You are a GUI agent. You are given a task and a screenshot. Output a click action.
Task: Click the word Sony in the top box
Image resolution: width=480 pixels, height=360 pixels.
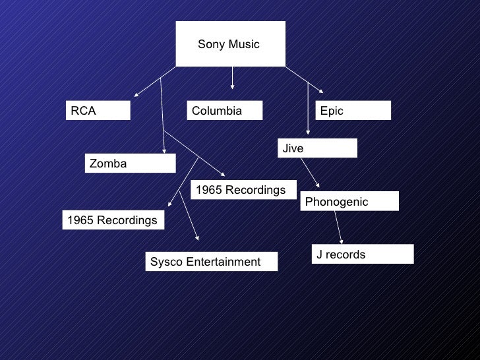click(x=210, y=45)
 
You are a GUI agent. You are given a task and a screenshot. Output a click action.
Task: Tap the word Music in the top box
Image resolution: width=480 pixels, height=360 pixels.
click(x=243, y=45)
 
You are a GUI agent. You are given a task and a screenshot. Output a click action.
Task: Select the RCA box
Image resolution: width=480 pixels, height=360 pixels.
click(x=98, y=111)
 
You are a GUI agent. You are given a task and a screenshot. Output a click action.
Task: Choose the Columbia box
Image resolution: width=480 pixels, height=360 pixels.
click(x=225, y=111)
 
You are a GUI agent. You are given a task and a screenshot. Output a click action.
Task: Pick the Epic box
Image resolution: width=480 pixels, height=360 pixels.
click(x=353, y=111)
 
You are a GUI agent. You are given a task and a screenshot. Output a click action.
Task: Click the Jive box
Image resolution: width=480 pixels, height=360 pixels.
click(x=317, y=148)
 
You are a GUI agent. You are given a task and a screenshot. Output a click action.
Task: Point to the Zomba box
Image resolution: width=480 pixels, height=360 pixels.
click(x=130, y=164)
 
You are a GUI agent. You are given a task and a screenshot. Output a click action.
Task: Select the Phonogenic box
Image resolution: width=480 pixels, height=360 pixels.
click(x=349, y=202)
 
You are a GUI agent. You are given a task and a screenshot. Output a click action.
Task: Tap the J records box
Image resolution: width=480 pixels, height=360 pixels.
click(x=363, y=255)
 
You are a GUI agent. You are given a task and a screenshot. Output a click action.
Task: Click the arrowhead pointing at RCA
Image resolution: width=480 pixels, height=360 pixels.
click(x=136, y=96)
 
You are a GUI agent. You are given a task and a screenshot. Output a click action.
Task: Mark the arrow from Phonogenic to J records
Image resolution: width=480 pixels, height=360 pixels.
click(x=340, y=227)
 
